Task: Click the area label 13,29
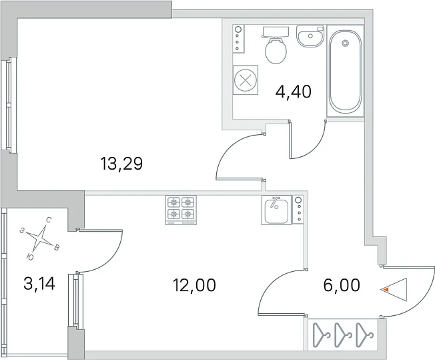pyautogui.click(x=121, y=164)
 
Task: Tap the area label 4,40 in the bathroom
pyautogui.click(x=294, y=92)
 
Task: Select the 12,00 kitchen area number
pyautogui.click(x=194, y=285)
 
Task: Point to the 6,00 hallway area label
pyautogui.click(x=342, y=285)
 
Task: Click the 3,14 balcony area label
pyautogui.click(x=39, y=284)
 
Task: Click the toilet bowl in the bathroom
pyautogui.click(x=276, y=51)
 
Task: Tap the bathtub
pyautogui.click(x=345, y=71)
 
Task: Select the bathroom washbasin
pyautogui.click(x=310, y=36)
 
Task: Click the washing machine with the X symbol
pyautogui.click(x=246, y=80)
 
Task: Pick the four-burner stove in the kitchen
pyautogui.click(x=181, y=210)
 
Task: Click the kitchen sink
pyautogui.click(x=276, y=210)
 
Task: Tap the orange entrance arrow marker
pyautogui.click(x=386, y=290)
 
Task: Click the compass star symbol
pyautogui.click(x=41, y=238)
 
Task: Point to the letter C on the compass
pyautogui.click(x=49, y=220)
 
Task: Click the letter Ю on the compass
pyautogui.click(x=31, y=257)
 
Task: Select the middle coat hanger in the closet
pyautogui.click(x=343, y=335)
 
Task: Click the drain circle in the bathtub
pyautogui.click(x=345, y=43)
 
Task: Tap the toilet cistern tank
pyautogui.click(x=275, y=32)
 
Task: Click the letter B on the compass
pyautogui.click(x=57, y=248)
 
